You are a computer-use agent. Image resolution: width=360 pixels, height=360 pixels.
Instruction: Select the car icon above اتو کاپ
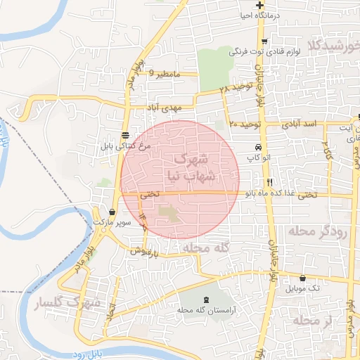[x=259, y=148]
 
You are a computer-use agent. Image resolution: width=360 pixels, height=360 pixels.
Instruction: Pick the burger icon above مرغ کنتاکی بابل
[x=124, y=136]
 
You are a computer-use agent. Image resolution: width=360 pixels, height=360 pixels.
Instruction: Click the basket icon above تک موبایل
[x=302, y=278]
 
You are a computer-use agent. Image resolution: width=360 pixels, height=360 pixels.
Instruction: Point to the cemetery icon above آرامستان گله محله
[x=205, y=300]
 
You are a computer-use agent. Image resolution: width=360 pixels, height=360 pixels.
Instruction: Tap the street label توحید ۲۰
[x=245, y=124]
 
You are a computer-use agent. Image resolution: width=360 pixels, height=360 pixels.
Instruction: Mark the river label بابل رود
[x=84, y=354]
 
